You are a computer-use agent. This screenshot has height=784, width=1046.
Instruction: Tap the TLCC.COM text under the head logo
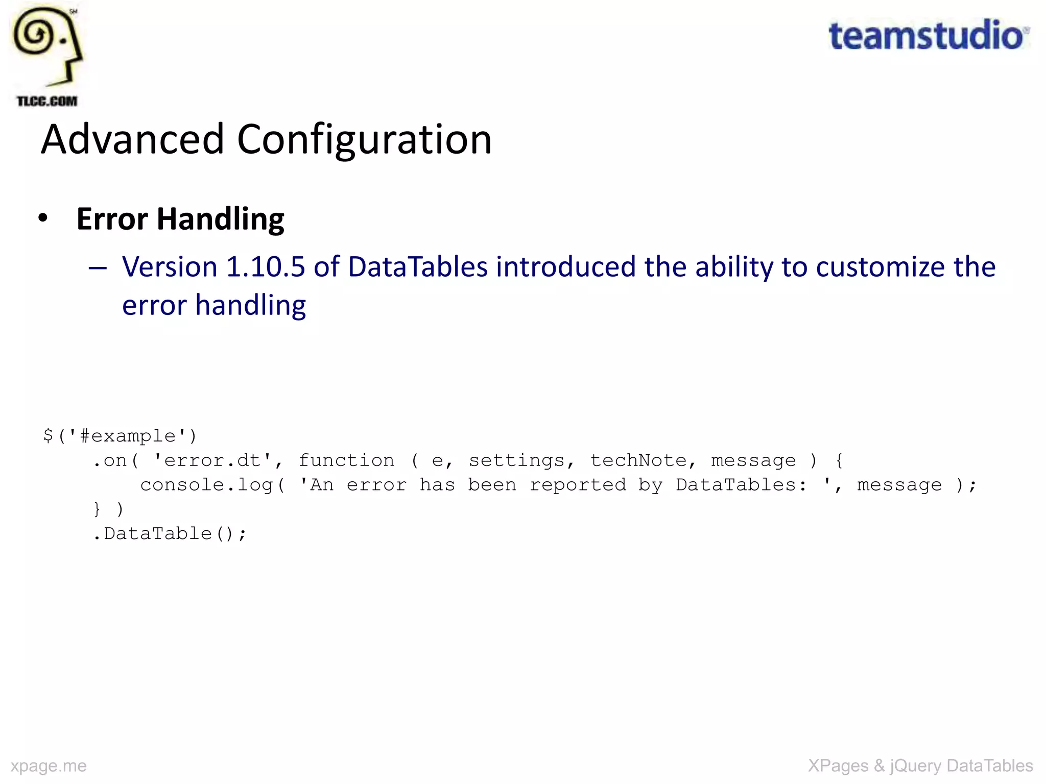47,101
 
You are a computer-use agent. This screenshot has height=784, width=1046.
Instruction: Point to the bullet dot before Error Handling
43,218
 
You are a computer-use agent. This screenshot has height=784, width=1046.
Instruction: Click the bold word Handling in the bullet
220,219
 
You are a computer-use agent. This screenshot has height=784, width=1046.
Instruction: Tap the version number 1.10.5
265,266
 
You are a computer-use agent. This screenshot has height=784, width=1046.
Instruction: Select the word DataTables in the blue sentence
418,266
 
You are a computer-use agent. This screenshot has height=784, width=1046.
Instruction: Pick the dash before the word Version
98,267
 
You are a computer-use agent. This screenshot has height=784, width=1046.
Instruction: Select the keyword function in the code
346,460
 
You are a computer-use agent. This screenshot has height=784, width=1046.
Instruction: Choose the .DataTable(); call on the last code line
170,534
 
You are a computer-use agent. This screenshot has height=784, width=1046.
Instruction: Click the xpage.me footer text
49,766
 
